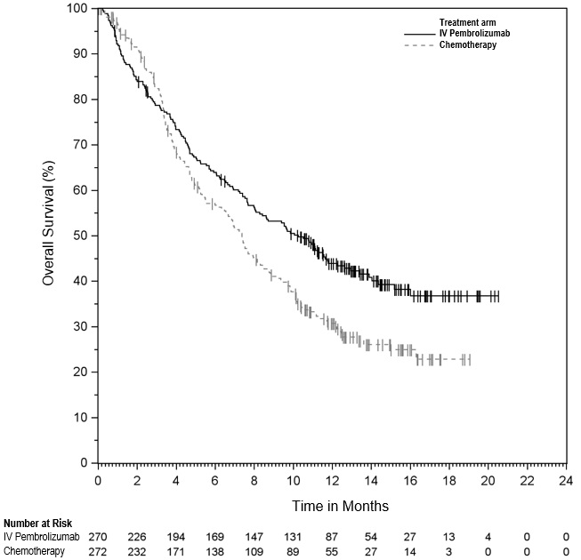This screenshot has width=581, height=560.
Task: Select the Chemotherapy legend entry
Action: click(468, 44)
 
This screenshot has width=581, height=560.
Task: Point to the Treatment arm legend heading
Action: click(468, 21)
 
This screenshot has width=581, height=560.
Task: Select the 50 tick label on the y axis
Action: click(81, 236)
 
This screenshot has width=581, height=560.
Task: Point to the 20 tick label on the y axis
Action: click(81, 372)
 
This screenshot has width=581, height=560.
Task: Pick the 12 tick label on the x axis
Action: click(331, 480)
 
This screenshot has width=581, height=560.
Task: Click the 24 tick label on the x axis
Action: click(565, 480)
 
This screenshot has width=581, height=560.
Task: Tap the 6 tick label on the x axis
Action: click(214, 480)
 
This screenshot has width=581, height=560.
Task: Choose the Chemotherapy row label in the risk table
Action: click(35, 550)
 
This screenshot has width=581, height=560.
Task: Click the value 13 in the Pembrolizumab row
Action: click(448, 536)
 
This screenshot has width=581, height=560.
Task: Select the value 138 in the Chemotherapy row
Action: click(214, 550)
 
